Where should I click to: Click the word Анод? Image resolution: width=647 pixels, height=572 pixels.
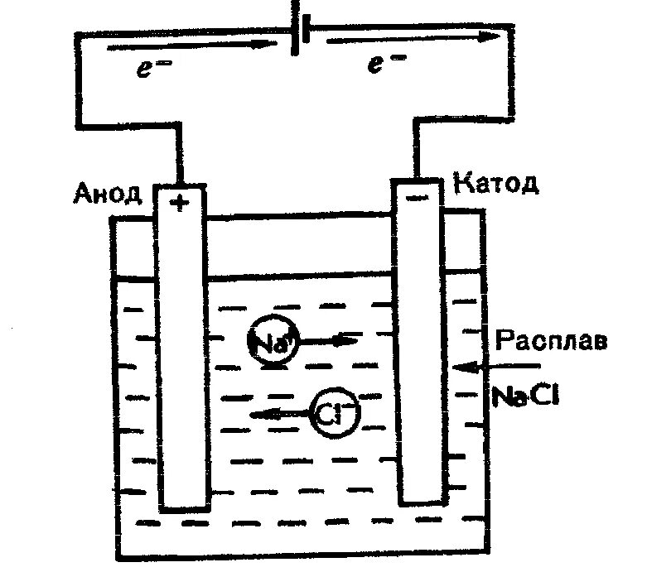click(109, 195)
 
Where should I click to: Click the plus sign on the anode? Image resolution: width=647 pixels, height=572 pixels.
click(178, 201)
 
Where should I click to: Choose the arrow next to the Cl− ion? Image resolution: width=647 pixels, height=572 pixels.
click(278, 414)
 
